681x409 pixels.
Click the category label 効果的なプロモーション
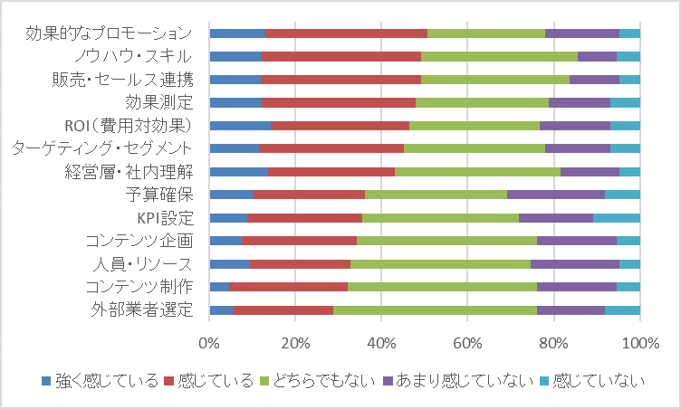pyautogui.click(x=109, y=33)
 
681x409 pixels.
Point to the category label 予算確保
pyautogui.click(x=159, y=195)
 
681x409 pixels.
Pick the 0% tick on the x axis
pyautogui.click(x=209, y=343)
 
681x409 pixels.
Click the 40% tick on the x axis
pyautogui.click(x=381, y=343)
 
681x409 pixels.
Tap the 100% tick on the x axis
pyautogui.click(x=639, y=343)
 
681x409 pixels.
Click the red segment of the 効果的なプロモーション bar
pyautogui.click(x=346, y=33)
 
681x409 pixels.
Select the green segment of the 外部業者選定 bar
pyautogui.click(x=435, y=309)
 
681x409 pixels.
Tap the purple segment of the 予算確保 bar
pyautogui.click(x=555, y=195)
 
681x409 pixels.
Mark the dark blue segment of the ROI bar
pyautogui.click(x=240, y=126)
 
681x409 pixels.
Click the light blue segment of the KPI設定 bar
pyautogui.click(x=616, y=217)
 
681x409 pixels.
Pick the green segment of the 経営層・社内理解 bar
pyautogui.click(x=477, y=172)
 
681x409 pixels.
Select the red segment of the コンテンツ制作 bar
pyautogui.click(x=288, y=287)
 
